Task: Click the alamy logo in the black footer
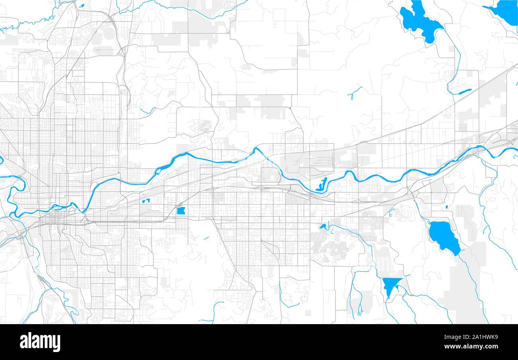click(x=40, y=342)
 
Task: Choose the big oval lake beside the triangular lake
click(x=443, y=236)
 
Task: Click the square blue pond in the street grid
click(x=181, y=211)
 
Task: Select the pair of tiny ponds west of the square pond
click(x=145, y=201)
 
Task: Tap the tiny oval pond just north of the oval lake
click(x=447, y=207)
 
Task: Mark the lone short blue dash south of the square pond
click(x=206, y=238)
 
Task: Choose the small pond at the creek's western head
click(x=323, y=226)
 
